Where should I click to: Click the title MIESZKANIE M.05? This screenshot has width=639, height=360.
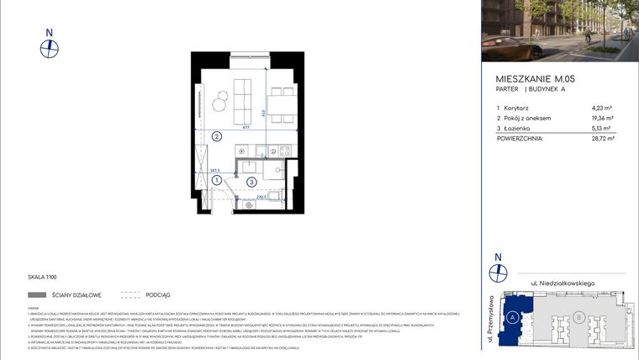536,78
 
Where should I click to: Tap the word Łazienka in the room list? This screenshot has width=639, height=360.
519,128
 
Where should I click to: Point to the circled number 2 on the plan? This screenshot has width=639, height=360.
216,136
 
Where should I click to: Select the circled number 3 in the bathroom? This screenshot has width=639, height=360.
251,182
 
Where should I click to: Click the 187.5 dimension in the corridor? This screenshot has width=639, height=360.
215,170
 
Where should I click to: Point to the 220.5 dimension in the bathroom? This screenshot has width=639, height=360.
261,198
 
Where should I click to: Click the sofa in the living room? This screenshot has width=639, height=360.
242,98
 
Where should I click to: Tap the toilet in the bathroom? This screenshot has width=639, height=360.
272,168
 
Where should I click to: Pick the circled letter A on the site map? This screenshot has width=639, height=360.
512,317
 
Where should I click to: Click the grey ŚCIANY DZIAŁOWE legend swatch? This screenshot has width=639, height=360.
37,295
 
